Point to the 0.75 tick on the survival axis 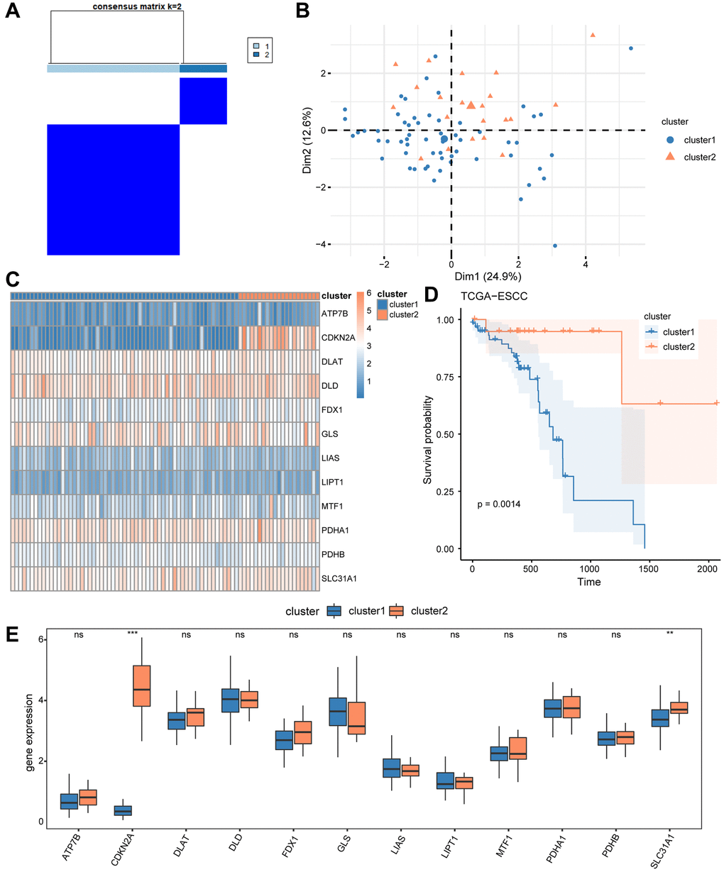445,376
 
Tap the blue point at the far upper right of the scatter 630,48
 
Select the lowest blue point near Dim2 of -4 554,246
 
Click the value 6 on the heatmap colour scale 369,293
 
